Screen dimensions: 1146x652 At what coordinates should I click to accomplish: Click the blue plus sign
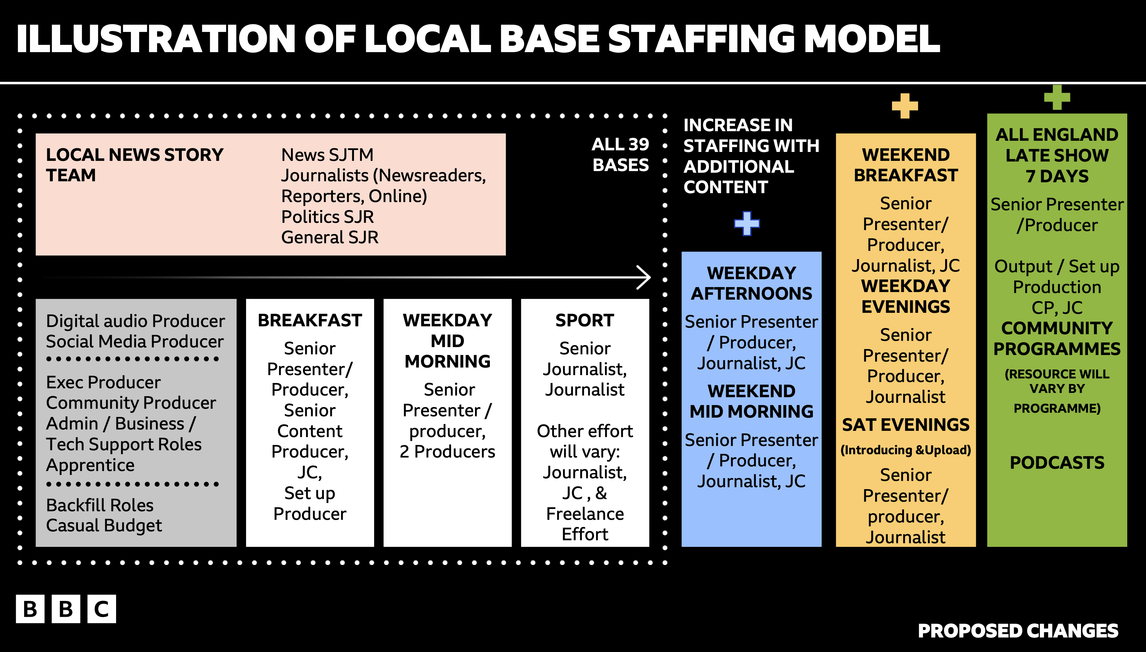(747, 223)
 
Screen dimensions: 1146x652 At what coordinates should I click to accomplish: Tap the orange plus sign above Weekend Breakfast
(905, 106)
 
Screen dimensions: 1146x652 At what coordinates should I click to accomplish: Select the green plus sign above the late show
(1057, 97)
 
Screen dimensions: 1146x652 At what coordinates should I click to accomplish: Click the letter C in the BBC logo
(102, 609)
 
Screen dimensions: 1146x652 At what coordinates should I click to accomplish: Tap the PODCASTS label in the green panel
(1057, 462)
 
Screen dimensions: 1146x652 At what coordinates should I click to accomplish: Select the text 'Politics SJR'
(328, 217)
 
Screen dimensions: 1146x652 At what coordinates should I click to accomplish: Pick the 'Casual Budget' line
(104, 526)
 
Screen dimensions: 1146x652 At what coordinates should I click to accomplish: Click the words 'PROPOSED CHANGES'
(1018, 631)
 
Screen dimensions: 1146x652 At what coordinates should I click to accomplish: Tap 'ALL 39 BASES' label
(621, 155)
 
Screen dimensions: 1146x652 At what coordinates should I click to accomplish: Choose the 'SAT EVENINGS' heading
(906, 425)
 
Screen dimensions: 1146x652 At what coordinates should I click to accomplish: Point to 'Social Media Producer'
(135, 342)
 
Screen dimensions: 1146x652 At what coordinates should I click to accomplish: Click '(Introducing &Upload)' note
(906, 450)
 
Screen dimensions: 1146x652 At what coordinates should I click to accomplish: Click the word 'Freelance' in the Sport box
(585, 514)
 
